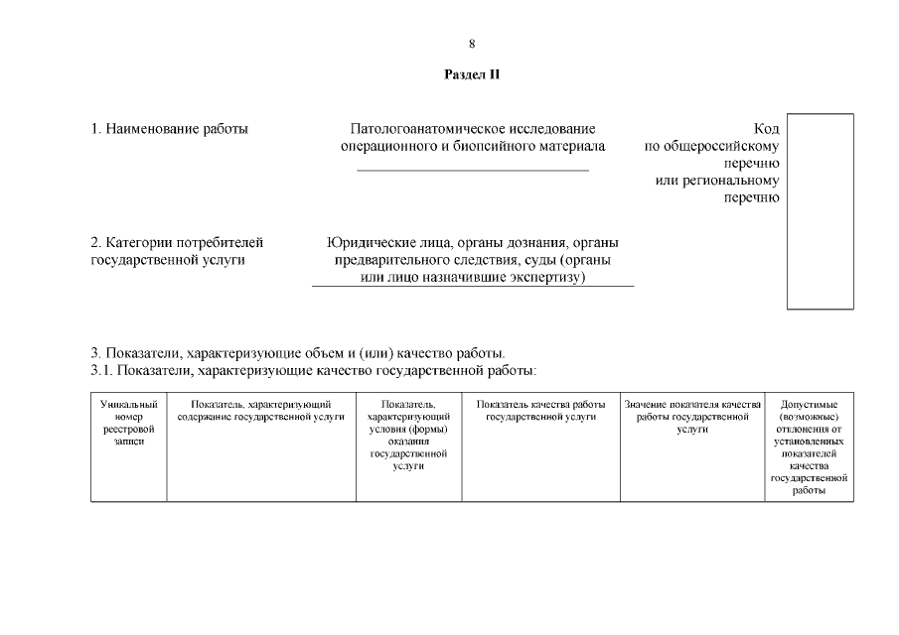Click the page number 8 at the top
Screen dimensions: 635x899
(x=472, y=43)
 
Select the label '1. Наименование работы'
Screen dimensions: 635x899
(x=169, y=129)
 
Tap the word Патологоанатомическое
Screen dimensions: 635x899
(x=428, y=129)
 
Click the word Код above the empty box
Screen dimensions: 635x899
(x=767, y=129)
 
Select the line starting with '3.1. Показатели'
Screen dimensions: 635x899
(x=313, y=370)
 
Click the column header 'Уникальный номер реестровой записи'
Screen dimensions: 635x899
(x=129, y=423)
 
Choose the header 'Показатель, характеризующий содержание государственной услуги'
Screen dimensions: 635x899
(x=261, y=411)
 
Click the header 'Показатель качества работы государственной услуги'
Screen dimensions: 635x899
(x=540, y=411)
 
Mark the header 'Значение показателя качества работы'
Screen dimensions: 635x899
(x=692, y=417)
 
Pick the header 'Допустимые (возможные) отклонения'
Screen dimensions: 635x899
(x=809, y=446)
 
